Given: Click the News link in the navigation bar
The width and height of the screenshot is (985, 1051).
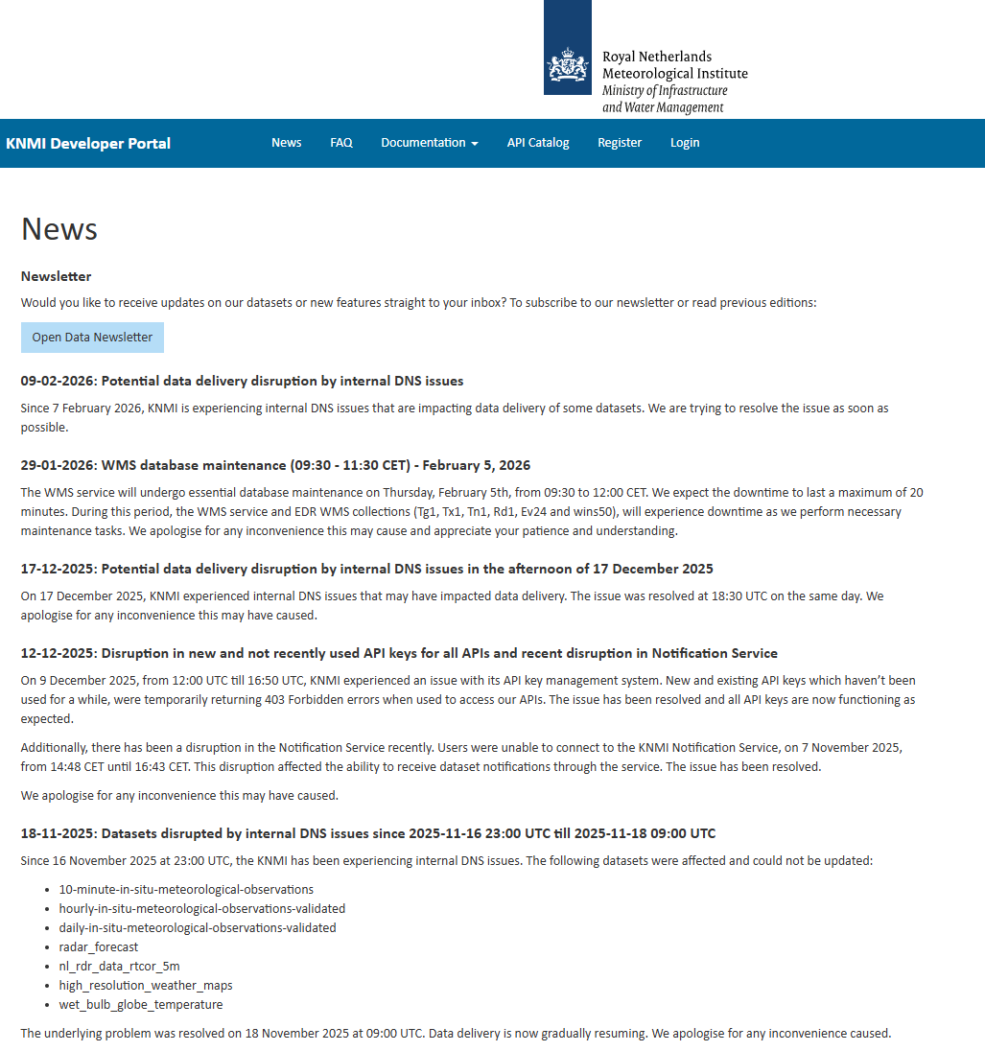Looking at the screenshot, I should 286,143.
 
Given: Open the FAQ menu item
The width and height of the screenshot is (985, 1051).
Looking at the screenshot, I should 341,143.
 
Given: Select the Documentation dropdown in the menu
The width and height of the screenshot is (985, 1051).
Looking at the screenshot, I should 429,143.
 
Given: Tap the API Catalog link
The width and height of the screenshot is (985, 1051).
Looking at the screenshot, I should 538,143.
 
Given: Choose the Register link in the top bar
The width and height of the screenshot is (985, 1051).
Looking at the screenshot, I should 620,143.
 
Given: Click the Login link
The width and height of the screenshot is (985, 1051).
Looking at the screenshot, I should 685,143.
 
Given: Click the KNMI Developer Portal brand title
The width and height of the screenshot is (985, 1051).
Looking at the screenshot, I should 88,144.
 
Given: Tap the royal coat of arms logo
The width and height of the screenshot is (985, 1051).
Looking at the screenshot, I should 568,65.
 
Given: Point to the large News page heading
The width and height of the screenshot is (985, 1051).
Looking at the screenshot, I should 59,229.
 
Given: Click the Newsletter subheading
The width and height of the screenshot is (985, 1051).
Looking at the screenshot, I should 57,276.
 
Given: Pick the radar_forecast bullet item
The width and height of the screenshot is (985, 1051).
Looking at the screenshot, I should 99,947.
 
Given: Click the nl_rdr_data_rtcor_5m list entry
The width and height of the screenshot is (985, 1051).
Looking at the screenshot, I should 119,967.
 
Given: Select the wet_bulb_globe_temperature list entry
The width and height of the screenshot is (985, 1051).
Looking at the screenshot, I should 141,1005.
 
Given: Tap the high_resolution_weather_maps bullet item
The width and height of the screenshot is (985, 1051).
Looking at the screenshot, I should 146,986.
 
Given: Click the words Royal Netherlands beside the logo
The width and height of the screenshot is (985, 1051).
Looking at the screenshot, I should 657,57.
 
